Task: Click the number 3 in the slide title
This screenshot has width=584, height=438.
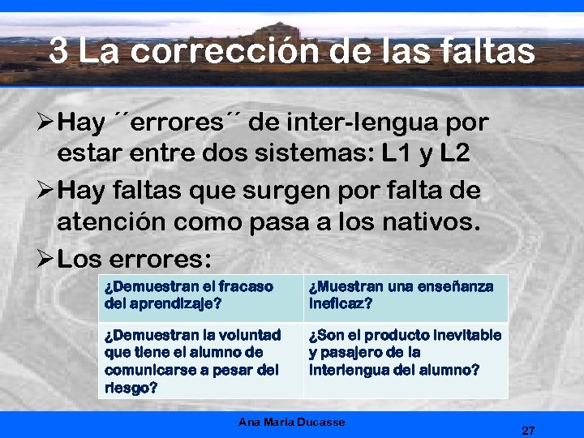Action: (x=58, y=52)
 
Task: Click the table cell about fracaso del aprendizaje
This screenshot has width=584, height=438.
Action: (x=200, y=296)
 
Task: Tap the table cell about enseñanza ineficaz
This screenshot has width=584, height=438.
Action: (x=406, y=296)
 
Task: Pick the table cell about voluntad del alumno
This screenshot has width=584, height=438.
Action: (x=200, y=360)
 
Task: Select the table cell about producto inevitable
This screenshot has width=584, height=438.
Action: (x=406, y=352)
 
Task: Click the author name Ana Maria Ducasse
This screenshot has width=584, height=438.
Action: (x=292, y=422)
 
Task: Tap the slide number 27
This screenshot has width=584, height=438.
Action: (x=528, y=430)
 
